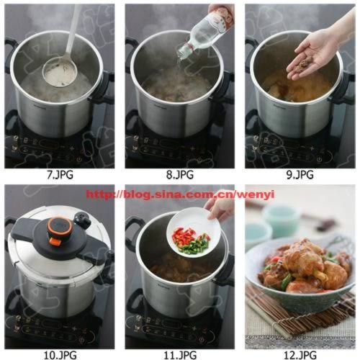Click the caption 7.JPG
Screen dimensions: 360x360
tap(60, 174)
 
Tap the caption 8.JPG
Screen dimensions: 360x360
tap(180, 174)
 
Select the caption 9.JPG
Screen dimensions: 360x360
tap(300, 174)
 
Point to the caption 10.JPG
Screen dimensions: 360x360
tap(60, 354)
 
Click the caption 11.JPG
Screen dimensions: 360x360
tap(180, 354)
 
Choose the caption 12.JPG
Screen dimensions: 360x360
tap(300, 354)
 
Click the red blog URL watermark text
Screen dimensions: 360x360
tap(180, 194)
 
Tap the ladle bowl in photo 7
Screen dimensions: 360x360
tap(60, 73)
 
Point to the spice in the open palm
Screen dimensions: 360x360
tap(305, 64)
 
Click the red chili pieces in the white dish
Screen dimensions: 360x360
tap(184, 235)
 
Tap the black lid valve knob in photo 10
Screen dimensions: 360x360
tap(81, 218)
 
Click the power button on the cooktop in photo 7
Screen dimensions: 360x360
tap(78, 160)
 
